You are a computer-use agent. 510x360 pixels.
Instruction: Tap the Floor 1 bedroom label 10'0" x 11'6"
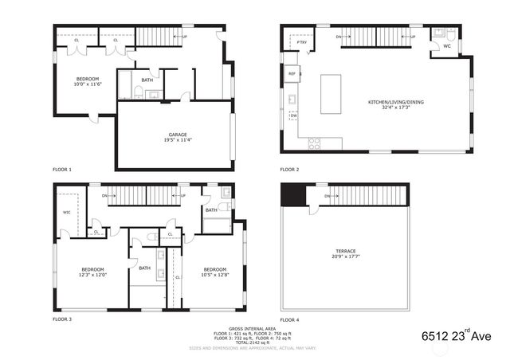click(88, 82)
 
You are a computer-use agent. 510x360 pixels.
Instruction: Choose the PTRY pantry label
click(292, 43)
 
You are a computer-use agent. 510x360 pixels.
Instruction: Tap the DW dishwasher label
click(293, 116)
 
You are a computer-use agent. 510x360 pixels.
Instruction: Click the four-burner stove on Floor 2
click(314, 143)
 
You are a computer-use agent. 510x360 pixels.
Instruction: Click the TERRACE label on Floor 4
click(345, 254)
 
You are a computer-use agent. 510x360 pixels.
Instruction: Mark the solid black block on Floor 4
click(294, 195)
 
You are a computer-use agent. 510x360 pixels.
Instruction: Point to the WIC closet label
click(67, 212)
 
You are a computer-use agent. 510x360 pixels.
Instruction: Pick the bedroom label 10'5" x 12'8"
click(215, 272)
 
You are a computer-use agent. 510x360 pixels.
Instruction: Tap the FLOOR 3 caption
click(62, 319)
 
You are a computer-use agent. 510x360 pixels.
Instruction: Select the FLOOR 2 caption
click(288, 170)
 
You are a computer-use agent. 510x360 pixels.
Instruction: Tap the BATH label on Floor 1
click(147, 80)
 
